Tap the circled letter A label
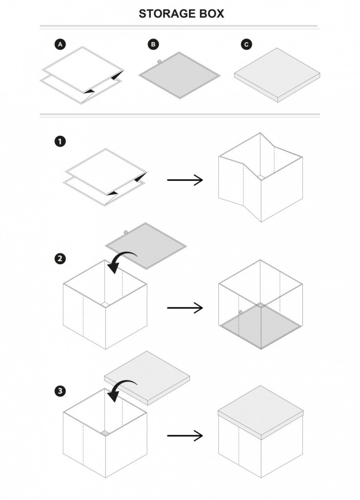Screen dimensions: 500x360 click(60, 44)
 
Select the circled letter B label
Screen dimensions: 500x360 click(153, 44)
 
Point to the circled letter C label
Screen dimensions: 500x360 click(246, 44)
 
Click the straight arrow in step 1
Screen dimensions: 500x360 click(185, 180)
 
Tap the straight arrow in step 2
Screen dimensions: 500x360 click(185, 308)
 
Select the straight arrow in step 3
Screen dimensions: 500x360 click(185, 436)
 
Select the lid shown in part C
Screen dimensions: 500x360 click(276, 74)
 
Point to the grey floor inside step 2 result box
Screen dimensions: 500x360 click(260, 325)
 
